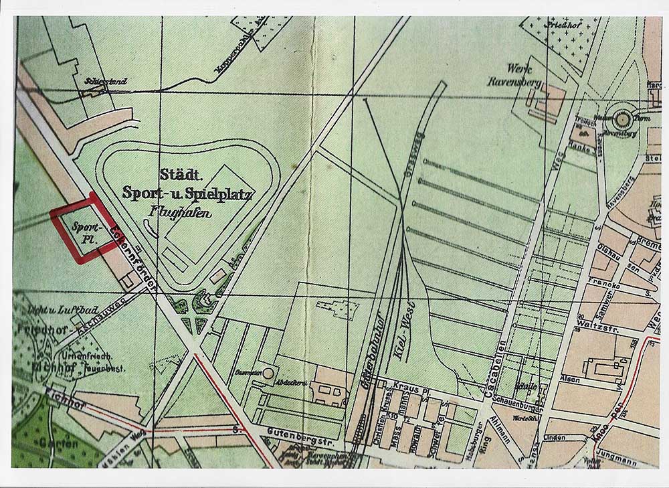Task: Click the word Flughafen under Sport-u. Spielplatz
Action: [x=176, y=214]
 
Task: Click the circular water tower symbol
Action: [x=622, y=119]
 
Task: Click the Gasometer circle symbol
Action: [x=268, y=372]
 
